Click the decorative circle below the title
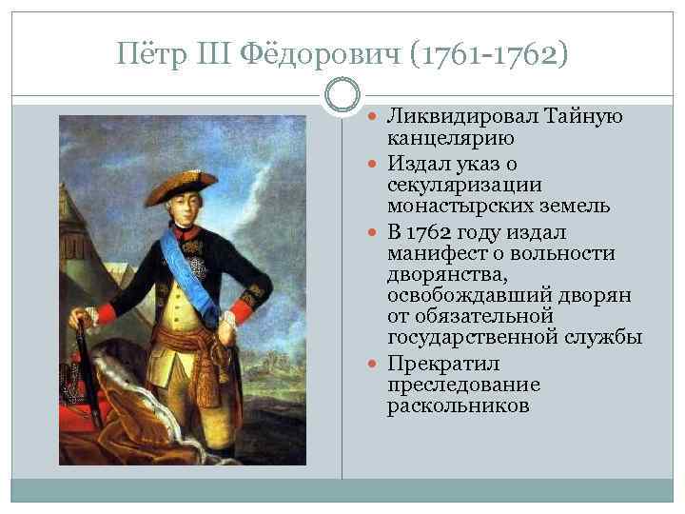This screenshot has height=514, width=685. click(342, 96)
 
